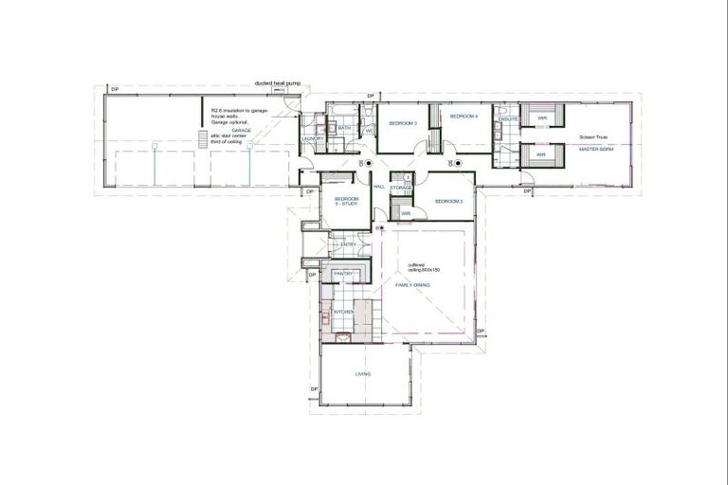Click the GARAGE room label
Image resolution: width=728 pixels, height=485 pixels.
(241, 130)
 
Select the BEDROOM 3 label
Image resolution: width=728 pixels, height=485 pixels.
(403, 123)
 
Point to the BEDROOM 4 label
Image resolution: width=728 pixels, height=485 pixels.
(463, 116)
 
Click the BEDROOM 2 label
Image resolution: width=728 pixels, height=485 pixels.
(447, 201)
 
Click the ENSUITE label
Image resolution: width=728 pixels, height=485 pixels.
(507, 118)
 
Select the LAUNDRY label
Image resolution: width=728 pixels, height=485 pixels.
(313, 139)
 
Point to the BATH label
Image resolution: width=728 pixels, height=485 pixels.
(345, 127)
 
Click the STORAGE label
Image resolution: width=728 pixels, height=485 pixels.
(401, 188)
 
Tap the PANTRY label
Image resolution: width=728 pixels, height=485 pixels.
(342, 273)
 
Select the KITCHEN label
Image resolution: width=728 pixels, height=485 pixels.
(343, 311)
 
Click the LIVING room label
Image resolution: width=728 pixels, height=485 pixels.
(363, 374)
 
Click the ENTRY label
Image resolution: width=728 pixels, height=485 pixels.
(348, 243)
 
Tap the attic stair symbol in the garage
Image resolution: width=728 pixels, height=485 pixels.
(203, 139)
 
